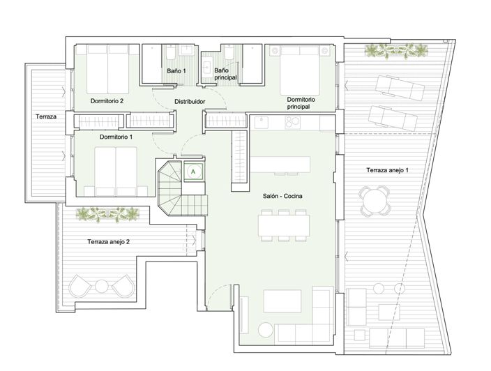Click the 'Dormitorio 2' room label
(107, 101)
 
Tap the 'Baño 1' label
(176, 71)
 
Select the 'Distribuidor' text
(190, 101)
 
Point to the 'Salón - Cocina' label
(282, 196)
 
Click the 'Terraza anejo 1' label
(387, 170)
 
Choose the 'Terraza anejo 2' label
(108, 242)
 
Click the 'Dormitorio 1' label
(116, 137)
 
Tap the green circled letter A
(193, 172)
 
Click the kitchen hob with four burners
(292, 123)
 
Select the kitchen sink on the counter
(261, 123)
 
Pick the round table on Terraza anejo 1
(375, 200)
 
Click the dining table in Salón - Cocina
(284, 225)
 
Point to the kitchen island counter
(280, 165)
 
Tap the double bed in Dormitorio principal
(300, 70)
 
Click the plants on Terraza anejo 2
(107, 214)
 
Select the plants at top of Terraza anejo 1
(396, 50)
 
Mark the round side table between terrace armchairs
(101, 285)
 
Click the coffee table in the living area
(282, 301)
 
